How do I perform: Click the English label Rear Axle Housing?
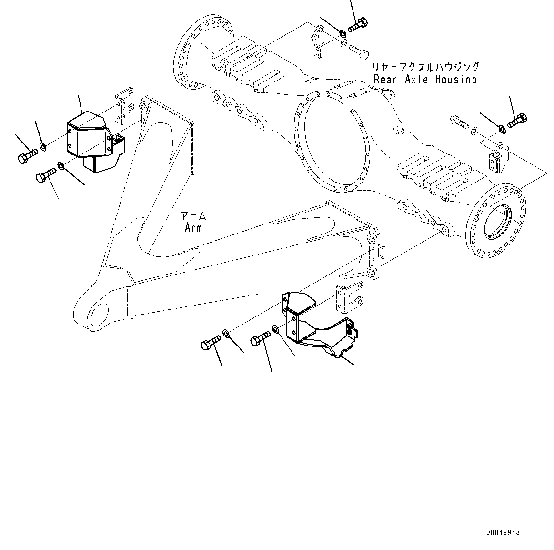[x=424, y=80]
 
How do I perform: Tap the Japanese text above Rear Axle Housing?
[x=425, y=67]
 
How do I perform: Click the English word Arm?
[x=193, y=227]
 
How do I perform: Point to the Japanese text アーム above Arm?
[x=194, y=216]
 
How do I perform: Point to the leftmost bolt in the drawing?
[x=27, y=156]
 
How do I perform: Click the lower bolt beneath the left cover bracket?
[x=45, y=176]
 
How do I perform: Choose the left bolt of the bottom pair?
[x=210, y=341]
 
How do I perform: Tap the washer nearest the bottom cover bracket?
[x=276, y=329]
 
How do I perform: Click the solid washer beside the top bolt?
[x=343, y=33]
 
